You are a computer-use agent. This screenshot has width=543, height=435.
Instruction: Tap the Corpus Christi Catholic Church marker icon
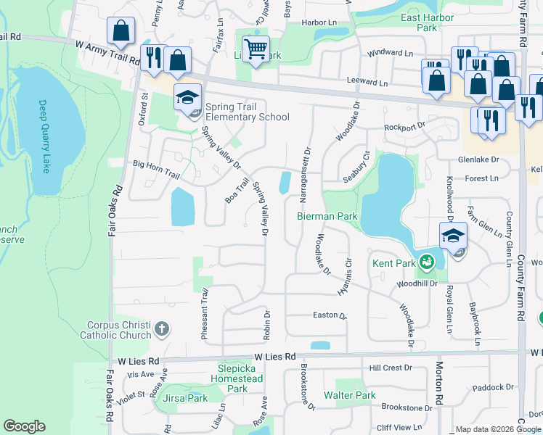pyautogui.click(x=161, y=330)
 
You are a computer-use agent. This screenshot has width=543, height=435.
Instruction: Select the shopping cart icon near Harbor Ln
pyautogui.click(x=256, y=49)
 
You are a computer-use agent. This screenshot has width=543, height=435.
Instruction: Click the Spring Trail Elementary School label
pyautogui.click(x=247, y=112)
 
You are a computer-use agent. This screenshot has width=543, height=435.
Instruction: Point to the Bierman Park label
pyautogui.click(x=327, y=216)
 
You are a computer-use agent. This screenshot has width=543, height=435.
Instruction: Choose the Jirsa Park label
pyautogui.click(x=187, y=398)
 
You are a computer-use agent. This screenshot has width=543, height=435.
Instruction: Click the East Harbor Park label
pyautogui.click(x=422, y=22)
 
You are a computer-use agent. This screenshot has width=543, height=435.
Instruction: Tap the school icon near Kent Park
pyautogui.click(x=452, y=236)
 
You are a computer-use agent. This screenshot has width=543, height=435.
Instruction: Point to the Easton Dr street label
pyautogui.click(x=330, y=315)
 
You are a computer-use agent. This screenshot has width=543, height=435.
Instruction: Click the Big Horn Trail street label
pyautogui.click(x=155, y=165)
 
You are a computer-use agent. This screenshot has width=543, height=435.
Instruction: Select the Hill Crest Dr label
pyautogui.click(x=391, y=368)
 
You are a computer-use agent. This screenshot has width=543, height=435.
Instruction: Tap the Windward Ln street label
pyautogui.click(x=389, y=53)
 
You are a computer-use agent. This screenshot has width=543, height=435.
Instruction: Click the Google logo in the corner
pyautogui.click(x=24, y=426)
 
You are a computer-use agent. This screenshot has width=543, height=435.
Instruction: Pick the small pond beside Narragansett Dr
pyautogui.click(x=285, y=183)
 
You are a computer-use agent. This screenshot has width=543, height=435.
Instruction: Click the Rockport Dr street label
pyautogui.click(x=404, y=126)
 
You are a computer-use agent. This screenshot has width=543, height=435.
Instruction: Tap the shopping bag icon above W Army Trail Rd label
pyautogui.click(x=121, y=31)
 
